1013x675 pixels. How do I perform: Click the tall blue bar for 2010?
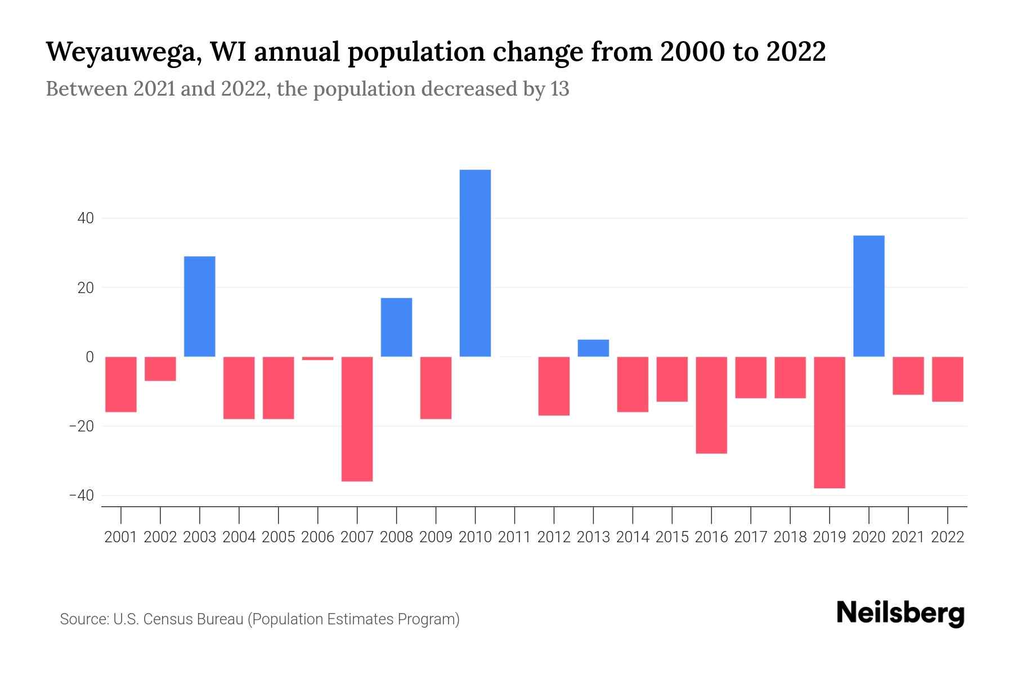click(475, 263)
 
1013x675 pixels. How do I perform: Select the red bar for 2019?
click(829, 422)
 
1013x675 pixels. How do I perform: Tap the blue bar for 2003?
click(200, 307)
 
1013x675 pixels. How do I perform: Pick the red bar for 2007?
click(357, 418)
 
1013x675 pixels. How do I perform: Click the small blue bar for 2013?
click(593, 348)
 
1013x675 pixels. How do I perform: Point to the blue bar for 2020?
click(868, 296)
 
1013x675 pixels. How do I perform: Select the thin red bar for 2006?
click(317, 358)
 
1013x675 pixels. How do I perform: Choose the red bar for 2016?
click(711, 404)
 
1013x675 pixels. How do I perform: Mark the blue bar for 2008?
click(396, 327)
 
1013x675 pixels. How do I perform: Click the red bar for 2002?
click(160, 368)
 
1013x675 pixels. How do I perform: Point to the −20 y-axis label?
click(81, 426)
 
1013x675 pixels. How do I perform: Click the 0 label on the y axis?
click(89, 357)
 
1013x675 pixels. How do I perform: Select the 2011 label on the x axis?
click(514, 537)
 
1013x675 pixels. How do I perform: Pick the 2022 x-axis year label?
click(948, 537)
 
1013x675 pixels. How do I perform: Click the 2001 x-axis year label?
click(121, 537)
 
